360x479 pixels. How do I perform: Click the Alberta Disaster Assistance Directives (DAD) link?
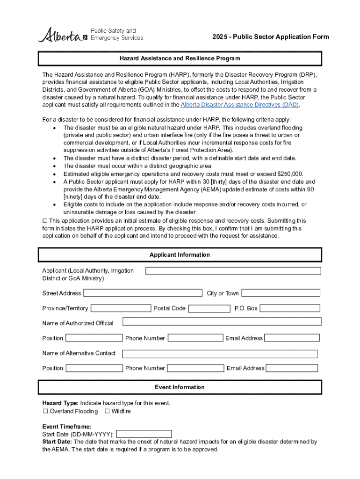[239, 105]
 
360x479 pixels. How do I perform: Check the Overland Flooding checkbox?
[45, 411]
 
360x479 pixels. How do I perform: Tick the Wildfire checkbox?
[107, 411]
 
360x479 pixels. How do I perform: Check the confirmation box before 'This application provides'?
[45, 220]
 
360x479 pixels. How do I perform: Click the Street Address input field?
[143, 293]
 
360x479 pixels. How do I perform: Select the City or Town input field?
[281, 293]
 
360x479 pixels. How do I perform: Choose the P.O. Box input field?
[289, 308]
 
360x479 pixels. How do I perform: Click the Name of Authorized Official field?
[222, 321]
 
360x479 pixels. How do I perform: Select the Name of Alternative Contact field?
[220, 354]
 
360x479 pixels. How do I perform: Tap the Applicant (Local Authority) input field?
[233, 271]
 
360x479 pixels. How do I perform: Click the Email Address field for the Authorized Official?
[292, 338]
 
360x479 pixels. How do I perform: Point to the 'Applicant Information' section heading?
[180, 255]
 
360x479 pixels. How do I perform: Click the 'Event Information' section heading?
[180, 387]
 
